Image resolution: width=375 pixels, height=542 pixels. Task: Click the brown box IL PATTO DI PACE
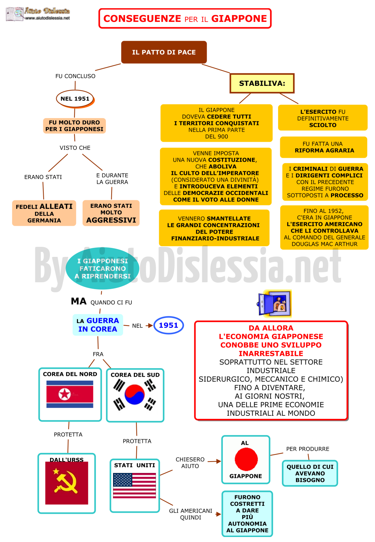point(164,52)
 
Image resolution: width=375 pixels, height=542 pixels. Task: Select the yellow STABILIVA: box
point(262,83)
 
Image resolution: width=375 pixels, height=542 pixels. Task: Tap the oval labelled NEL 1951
point(75,99)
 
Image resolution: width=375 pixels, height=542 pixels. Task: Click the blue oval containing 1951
point(169,325)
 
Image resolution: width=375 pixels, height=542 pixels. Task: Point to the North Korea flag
point(70,394)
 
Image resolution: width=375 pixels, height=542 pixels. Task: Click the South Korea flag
point(135,395)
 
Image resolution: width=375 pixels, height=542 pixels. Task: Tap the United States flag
point(135,485)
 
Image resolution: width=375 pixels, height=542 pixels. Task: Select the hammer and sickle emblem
point(65,481)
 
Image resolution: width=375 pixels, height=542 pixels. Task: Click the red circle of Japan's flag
point(246,459)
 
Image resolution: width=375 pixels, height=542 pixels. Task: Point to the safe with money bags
point(274,303)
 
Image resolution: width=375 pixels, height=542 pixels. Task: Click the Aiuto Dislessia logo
point(38,14)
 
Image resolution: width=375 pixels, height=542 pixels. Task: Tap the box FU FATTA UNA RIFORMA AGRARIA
point(323,147)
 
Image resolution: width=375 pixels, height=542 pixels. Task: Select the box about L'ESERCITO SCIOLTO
point(323,118)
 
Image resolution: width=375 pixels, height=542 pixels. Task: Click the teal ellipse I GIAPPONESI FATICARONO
point(102,268)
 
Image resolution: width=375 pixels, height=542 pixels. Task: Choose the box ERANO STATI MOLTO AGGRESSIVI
point(111,213)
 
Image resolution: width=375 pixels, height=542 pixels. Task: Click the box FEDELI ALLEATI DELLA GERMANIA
point(44,213)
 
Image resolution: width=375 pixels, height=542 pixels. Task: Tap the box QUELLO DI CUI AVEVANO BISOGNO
point(310,473)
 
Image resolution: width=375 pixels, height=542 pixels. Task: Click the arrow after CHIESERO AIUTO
point(214,462)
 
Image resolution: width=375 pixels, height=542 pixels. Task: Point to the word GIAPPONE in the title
point(239,19)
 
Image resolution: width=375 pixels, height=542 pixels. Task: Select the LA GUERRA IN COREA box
point(98,325)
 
